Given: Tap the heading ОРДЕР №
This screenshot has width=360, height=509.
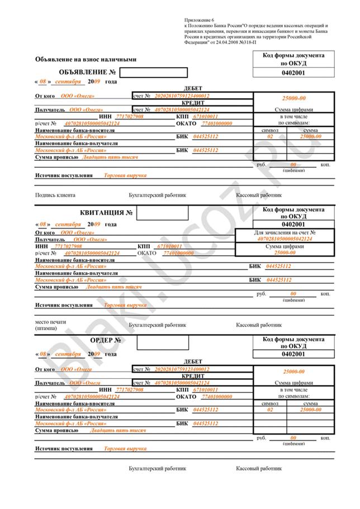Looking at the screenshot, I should pos(106,340).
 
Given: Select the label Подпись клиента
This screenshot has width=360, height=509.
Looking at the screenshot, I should pos(55,196).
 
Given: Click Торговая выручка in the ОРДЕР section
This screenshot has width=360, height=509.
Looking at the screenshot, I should pos(125,449).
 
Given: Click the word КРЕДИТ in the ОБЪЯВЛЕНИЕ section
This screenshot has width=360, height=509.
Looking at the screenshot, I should pos(192,103).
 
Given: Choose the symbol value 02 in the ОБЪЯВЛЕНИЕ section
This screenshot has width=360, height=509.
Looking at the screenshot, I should pos(270,136).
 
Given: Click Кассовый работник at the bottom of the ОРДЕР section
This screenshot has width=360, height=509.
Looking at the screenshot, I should pos(259,467).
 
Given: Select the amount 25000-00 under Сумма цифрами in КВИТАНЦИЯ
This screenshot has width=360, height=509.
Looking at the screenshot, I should pos(285,253).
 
